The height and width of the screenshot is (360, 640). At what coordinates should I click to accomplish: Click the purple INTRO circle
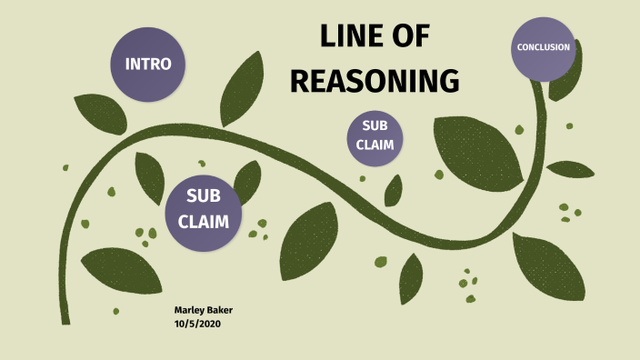(147, 65)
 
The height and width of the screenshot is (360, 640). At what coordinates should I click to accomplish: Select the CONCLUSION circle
(544, 47)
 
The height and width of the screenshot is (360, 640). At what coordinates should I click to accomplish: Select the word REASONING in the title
(374, 81)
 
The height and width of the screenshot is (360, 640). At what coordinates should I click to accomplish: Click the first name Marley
(190, 311)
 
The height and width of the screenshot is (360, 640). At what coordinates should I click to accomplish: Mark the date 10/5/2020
(197, 324)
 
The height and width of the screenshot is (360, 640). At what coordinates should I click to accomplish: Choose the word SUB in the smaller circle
(375, 126)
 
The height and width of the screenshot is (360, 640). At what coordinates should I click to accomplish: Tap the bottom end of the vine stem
(65, 318)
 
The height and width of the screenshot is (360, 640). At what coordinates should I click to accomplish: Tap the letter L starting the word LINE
(328, 38)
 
